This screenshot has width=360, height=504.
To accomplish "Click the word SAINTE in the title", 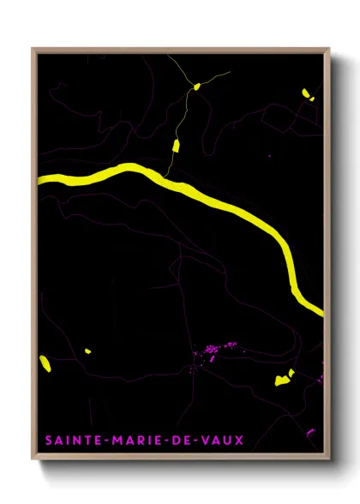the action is point(71,441).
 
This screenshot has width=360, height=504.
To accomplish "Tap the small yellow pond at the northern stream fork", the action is point(196,86).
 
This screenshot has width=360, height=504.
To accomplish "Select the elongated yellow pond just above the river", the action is point(177,145).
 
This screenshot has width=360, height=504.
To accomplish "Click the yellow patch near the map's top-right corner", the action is point(307,94).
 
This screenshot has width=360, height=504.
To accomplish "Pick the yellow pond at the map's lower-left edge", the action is point(45,363).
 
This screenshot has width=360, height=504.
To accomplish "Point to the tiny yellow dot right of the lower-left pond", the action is point(87,351).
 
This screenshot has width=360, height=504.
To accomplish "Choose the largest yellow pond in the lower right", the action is point(282,380).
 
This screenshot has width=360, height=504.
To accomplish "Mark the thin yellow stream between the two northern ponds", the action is point(186,116).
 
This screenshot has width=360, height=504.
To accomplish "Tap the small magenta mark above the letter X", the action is point(310,431).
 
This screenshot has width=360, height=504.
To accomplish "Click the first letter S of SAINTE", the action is point(48,441).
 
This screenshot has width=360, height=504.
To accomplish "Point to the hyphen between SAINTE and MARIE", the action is point(105,441).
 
